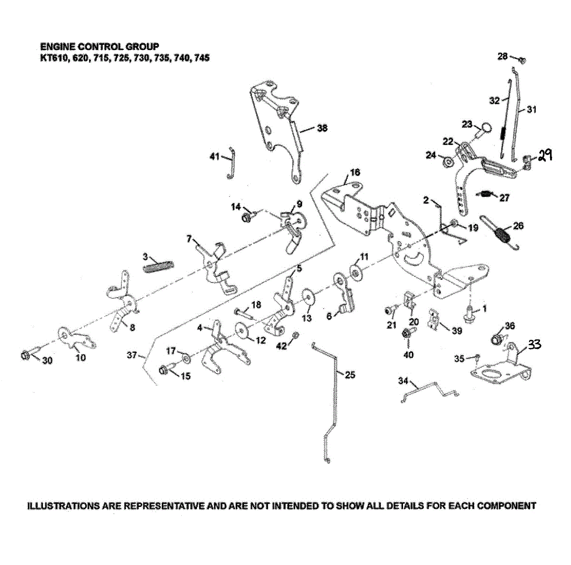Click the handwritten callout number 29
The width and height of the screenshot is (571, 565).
tap(545, 155)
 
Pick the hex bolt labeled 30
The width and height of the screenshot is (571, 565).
tap(25, 355)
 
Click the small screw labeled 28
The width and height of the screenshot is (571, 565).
tap(522, 60)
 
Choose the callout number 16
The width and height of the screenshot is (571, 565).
tap(355, 172)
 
